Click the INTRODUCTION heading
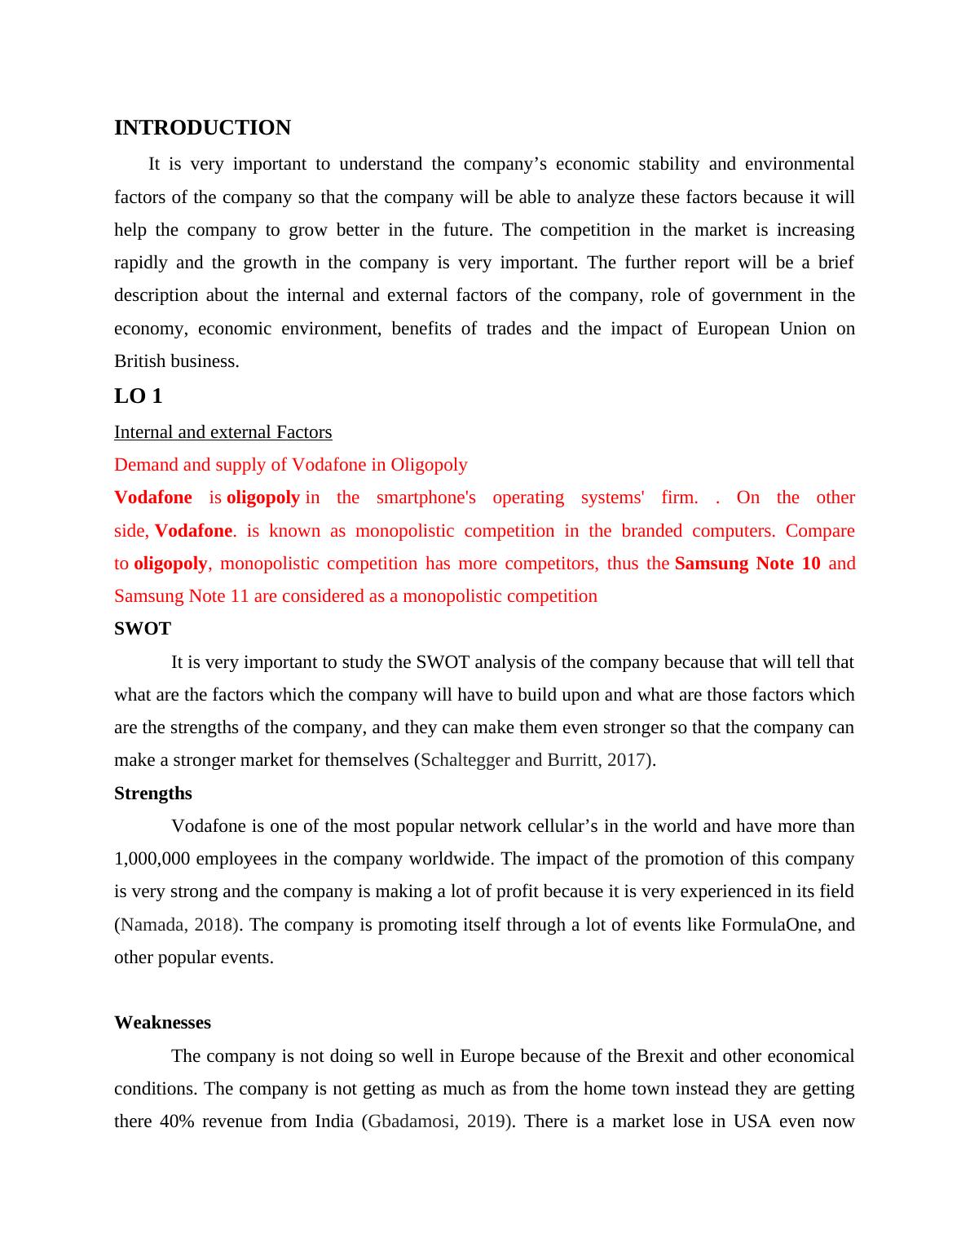[202, 128]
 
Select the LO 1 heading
[138, 396]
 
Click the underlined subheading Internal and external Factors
[223, 432]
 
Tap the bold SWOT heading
[143, 629]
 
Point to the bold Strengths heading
[153, 794]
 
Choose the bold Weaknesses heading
[162, 1023]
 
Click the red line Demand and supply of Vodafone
[290, 465]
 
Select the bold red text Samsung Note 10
[747, 564]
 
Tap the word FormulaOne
[770, 925]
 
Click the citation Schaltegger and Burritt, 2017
[534, 760]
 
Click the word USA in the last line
[752, 1121]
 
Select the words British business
[176, 361]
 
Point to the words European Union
[751, 329]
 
